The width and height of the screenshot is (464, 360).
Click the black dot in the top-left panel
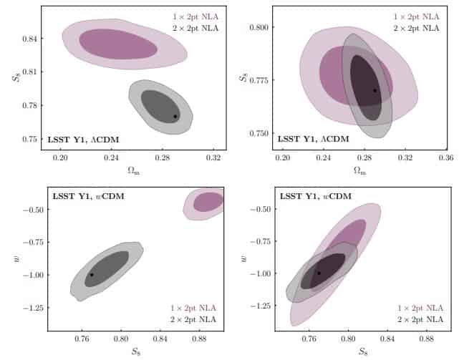[x=175, y=116]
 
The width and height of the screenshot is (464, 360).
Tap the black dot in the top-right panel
[x=374, y=90]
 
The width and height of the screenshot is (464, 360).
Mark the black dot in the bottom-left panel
[x=92, y=275]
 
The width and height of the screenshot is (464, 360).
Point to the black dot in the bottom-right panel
[x=319, y=273]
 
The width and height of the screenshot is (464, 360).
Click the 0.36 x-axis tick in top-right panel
[x=446, y=157]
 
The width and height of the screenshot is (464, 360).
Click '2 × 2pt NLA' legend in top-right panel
[x=417, y=28]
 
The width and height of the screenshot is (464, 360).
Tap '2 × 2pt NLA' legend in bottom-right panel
[x=417, y=319]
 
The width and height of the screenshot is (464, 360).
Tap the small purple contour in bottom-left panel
[x=208, y=202]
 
